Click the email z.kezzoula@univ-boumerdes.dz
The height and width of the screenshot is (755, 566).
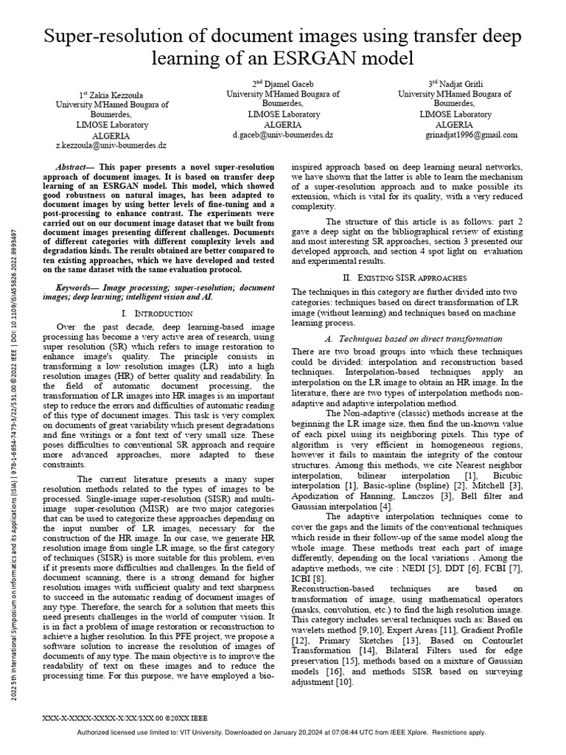point(113,147)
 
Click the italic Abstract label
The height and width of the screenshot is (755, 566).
point(74,168)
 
